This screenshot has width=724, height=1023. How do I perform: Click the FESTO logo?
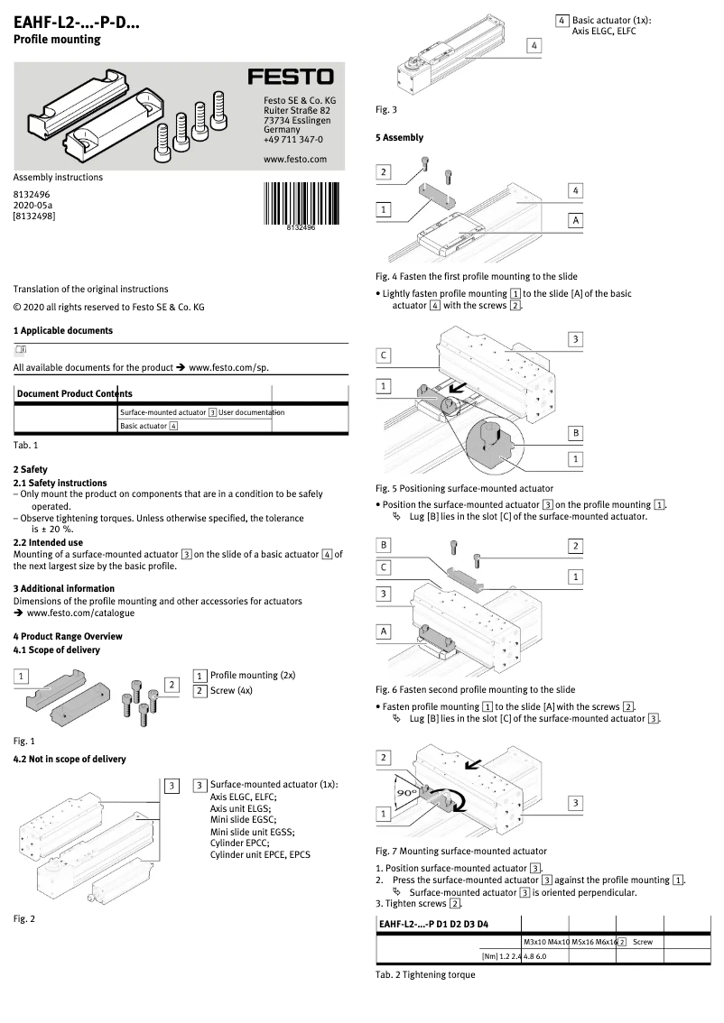pyautogui.click(x=291, y=78)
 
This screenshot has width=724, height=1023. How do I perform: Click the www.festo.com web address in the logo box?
pyautogui.click(x=294, y=160)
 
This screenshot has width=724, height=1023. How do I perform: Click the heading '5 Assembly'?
pyautogui.click(x=399, y=138)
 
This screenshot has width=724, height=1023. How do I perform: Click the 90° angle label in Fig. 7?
pyautogui.click(x=407, y=792)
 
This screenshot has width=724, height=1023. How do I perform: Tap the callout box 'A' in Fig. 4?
pyautogui.click(x=576, y=220)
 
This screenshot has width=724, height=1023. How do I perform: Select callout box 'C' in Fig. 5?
pyautogui.click(x=384, y=355)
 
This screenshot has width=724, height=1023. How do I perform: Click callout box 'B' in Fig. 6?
pyautogui.click(x=384, y=546)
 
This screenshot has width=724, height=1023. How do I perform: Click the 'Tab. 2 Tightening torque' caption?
pyautogui.click(x=424, y=975)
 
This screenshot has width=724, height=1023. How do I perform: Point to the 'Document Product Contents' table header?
pyautogui.click(x=74, y=393)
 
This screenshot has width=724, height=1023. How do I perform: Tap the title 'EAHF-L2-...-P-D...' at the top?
pyautogui.click(x=77, y=21)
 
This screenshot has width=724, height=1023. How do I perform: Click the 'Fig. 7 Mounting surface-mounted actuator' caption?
pyautogui.click(x=460, y=851)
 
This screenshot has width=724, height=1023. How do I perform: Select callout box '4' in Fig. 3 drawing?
pyautogui.click(x=534, y=45)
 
